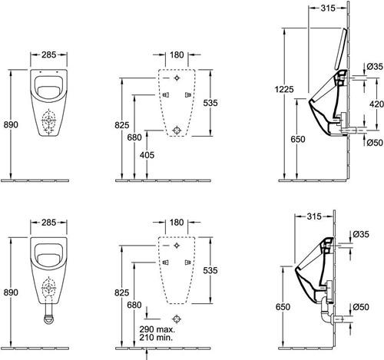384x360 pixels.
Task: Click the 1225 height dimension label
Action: [x=284, y=89]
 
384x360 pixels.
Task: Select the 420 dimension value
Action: [x=377, y=104]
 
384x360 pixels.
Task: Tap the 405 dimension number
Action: [x=147, y=155]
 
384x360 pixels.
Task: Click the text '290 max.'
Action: [x=157, y=329]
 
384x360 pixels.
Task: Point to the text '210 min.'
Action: [x=156, y=337]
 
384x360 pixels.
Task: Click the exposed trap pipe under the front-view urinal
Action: [x=48, y=315]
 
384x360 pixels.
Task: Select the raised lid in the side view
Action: [x=341, y=48]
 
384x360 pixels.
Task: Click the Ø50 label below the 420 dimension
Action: [x=375, y=143]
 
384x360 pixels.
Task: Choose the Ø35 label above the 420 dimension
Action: [x=375, y=67]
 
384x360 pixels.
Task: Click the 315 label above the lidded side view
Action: [x=328, y=8]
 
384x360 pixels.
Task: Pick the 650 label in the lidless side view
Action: [x=283, y=306]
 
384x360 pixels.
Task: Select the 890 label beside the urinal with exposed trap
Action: [x=11, y=292]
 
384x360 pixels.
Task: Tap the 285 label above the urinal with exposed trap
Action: [x=48, y=223]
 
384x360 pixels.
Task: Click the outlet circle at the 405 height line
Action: [x=177, y=130]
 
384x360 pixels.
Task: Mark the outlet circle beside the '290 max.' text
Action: [x=177, y=319]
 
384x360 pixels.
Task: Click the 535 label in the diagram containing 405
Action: [x=210, y=103]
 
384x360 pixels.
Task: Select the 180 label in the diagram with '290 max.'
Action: [x=177, y=223]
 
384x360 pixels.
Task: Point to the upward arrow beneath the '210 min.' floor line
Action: [x=147, y=354]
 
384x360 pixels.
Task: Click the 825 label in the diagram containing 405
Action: [x=122, y=125]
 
